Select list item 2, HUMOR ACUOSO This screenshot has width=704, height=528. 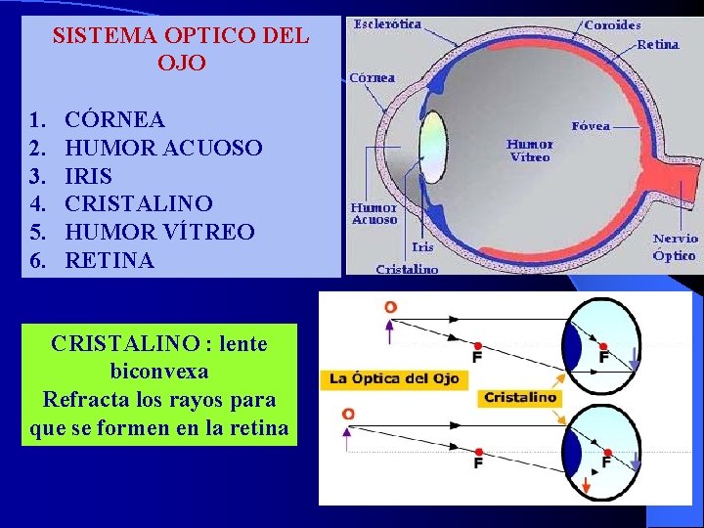(163, 148)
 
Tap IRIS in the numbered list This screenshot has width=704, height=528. (88, 176)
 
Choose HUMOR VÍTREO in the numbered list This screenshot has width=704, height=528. (158, 233)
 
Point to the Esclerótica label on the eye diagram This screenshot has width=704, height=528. (388, 23)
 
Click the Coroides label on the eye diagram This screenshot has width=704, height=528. (612, 24)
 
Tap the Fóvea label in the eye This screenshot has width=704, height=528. (591, 125)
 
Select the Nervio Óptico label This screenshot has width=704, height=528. (675, 245)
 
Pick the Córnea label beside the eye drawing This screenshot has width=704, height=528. (373, 77)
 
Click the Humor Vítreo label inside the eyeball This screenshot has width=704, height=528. (529, 151)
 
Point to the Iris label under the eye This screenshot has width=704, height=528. (422, 247)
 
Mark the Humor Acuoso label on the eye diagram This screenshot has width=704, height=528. (374, 213)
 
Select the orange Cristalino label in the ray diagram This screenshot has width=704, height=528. (520, 398)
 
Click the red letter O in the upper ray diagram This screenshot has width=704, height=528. (390, 307)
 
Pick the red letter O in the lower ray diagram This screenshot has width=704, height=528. (348, 415)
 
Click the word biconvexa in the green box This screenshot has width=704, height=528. (159, 372)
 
